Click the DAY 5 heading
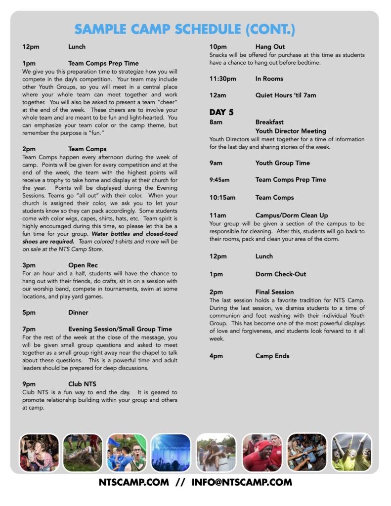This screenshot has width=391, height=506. pyautogui.click(x=221, y=112)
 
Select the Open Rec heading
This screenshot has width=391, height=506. pyautogui.click(x=83, y=265)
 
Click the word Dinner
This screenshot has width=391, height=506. pyautogui.click(x=78, y=312)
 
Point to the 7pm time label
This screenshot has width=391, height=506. pyautogui.click(x=29, y=329)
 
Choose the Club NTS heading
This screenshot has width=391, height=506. pyautogui.click(x=82, y=384)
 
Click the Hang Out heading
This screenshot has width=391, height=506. pyautogui.click(x=270, y=47)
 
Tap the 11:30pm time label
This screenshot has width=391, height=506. pyautogui.click(x=222, y=79)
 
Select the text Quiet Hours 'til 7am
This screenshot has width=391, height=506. pyautogui.click(x=286, y=95)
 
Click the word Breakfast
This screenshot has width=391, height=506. pyautogui.click(x=269, y=122)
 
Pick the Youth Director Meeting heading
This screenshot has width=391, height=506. pyautogui.click(x=291, y=131)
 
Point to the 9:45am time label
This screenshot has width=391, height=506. pyautogui.click(x=219, y=180)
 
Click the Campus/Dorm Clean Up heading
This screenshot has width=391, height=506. pyautogui.click(x=292, y=215)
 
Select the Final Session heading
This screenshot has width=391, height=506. pyautogui.click(x=274, y=292)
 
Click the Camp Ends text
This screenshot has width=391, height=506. pyautogui.click(x=272, y=356)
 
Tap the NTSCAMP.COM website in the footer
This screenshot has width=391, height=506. pyautogui.click(x=133, y=482)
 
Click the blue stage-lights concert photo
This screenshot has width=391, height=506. pyautogui.click(x=171, y=453)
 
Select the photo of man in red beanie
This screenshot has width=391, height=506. pyautogui.click(x=261, y=453)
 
